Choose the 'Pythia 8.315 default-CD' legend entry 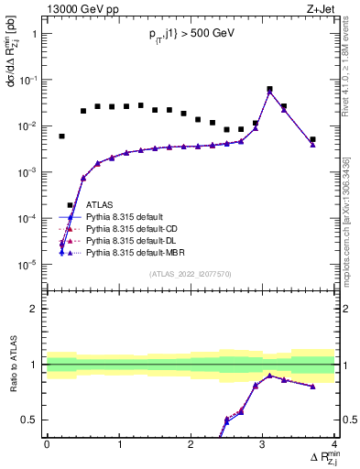(x=138, y=228)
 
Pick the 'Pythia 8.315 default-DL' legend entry (x=137, y=239)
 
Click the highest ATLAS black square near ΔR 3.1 (x=269, y=90)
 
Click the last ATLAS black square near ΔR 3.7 (x=312, y=139)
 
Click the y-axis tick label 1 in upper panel (x=34, y=34)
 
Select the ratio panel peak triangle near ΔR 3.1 (x=269, y=375)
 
